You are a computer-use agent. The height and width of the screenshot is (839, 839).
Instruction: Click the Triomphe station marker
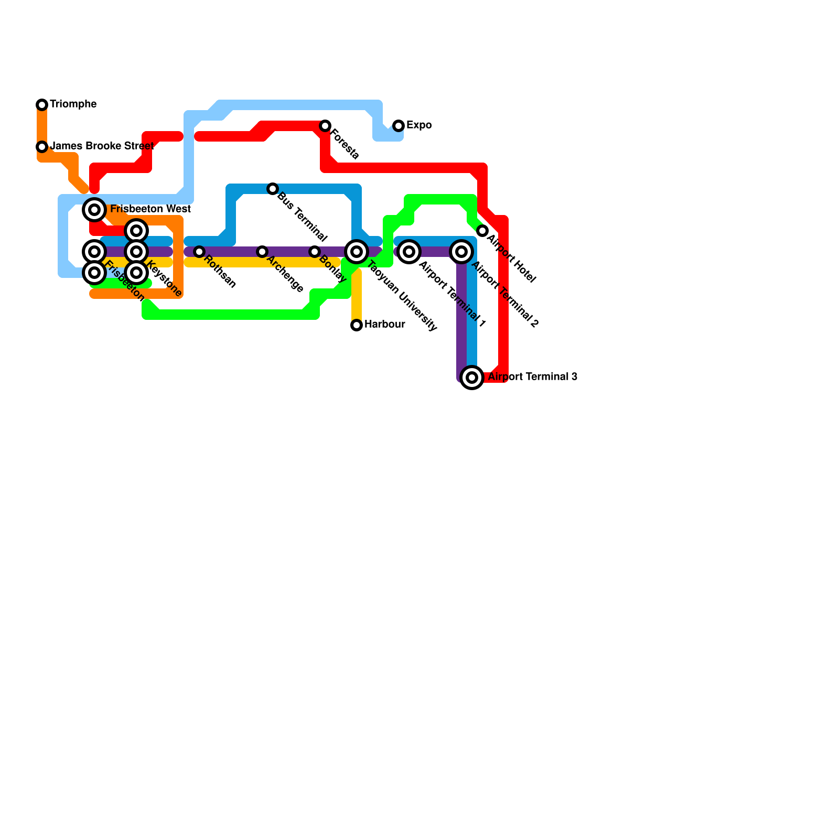pos(42,105)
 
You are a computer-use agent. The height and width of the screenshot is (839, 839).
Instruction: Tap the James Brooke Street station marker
pos(42,147)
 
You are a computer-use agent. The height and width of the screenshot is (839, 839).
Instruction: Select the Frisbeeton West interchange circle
pos(94,210)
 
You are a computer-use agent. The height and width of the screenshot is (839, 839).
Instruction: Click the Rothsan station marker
pos(199,252)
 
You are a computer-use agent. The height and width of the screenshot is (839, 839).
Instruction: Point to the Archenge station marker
pos(262,252)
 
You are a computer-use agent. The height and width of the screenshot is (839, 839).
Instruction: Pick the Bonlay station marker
pos(315,252)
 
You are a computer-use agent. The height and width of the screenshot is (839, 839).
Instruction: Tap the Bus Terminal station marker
pos(273,189)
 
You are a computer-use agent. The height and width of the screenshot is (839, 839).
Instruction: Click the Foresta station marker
pos(325,126)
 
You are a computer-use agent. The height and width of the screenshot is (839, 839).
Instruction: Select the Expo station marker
pos(399,126)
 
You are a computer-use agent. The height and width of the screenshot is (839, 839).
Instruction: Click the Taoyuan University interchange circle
pos(357,252)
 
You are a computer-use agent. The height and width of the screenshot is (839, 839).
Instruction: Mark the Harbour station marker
pos(357,325)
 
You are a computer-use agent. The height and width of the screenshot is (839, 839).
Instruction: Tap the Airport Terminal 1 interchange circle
pos(409,252)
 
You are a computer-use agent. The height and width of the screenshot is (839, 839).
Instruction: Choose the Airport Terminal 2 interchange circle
pos(461,252)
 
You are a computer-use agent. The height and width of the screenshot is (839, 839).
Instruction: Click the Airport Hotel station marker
pos(482,231)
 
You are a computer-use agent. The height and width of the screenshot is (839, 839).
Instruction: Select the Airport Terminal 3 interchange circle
pos(472,378)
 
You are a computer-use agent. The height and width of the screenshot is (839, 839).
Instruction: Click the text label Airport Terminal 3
pos(532,377)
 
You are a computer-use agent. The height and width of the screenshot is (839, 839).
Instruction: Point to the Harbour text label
pos(384,324)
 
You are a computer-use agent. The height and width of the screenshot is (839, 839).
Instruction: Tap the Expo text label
pos(419,125)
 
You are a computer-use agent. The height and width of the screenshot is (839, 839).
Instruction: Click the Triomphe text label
pos(73,104)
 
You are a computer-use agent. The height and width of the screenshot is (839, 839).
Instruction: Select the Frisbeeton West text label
pos(150,209)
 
